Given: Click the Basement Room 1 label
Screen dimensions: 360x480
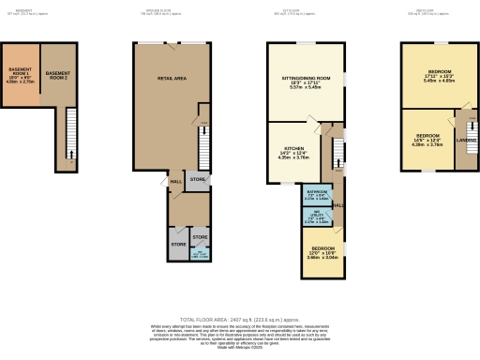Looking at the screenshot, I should coord(21,76).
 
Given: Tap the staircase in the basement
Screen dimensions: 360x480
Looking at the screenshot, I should coord(69,135).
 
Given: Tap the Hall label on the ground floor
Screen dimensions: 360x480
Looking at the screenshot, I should coord(175,182).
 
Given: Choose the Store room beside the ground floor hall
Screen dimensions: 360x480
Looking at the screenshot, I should coord(197,178).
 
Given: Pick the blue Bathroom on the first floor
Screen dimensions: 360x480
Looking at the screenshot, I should coord(317,197).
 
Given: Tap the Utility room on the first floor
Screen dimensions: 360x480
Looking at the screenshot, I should coord(317,220).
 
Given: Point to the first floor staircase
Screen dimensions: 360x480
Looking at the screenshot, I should coord(329,154).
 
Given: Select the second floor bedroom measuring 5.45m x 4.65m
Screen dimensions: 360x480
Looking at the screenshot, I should coord(440,76).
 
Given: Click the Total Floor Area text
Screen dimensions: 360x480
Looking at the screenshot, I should coord(240,319).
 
